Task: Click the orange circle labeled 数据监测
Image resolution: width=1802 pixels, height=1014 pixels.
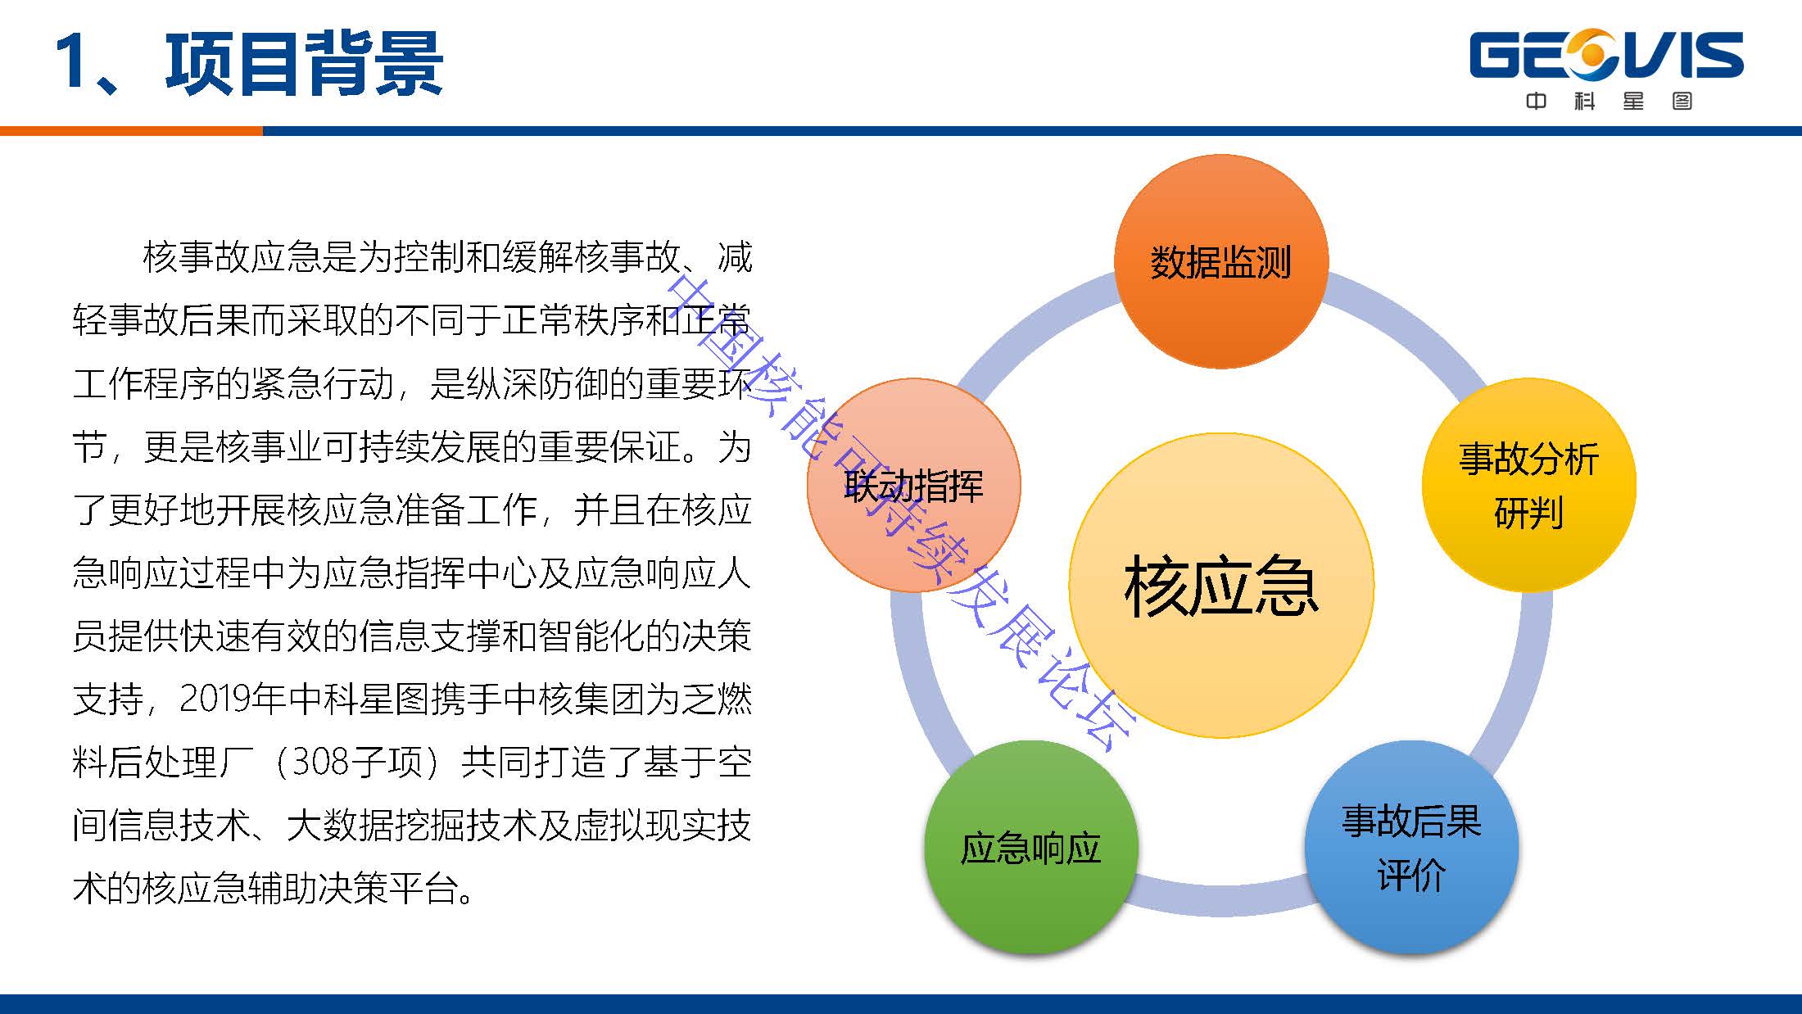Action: coord(1220,261)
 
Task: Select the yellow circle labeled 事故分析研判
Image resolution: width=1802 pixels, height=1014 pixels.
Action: coord(1528,485)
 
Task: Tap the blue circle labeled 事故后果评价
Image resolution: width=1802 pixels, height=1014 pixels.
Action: coord(1411,847)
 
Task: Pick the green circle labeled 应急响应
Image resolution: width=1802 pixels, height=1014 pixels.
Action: coord(1031,847)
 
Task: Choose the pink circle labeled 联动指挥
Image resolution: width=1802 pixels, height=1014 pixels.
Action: coord(913,485)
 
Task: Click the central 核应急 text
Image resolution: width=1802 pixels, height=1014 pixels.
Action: coord(1221,586)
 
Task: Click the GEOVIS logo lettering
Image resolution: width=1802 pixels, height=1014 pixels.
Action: coord(1606,56)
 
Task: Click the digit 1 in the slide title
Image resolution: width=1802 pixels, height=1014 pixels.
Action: coord(72,62)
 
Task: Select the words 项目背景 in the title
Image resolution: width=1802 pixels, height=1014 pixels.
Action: coord(304,62)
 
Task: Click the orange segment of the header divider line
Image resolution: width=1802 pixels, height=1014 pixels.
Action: coord(131,131)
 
